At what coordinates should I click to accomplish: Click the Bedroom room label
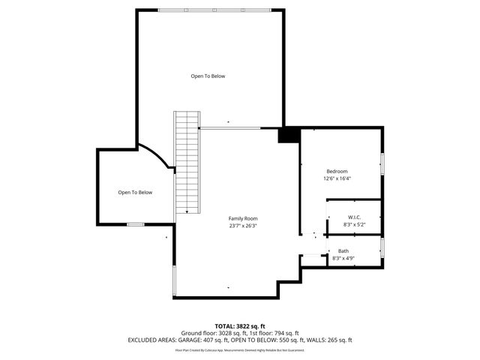point(337,171)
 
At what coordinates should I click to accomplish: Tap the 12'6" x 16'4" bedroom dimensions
point(337,178)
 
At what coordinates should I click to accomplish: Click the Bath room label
point(343,251)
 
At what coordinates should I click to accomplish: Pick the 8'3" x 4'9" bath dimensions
point(343,258)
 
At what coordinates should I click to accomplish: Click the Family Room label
point(243,218)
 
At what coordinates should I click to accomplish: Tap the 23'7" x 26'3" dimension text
point(243,225)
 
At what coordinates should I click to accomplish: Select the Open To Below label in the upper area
point(208,76)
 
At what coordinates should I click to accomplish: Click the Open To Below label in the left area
point(135,193)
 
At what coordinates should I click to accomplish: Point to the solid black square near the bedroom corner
point(288,135)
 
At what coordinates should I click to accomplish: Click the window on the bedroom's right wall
point(382,163)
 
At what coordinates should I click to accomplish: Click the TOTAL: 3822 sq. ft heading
point(240,326)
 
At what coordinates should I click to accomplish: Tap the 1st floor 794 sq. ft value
point(285,333)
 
